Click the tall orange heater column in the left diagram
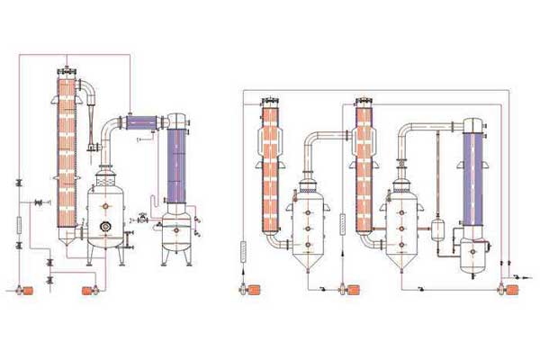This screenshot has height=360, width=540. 66,153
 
